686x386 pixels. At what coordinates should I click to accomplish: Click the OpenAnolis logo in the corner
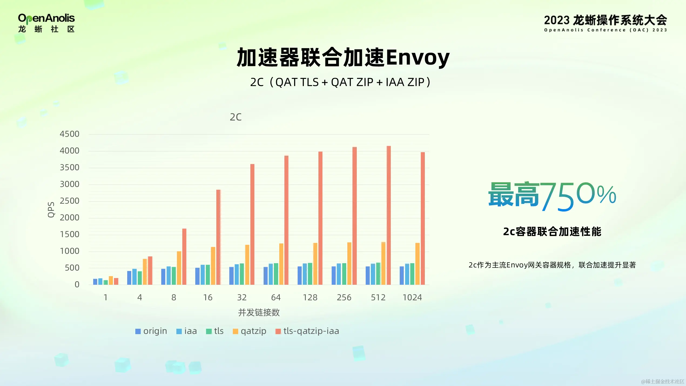[46, 23]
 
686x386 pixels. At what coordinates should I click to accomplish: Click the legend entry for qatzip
[250, 331]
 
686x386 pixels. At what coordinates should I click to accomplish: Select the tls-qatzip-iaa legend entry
[307, 331]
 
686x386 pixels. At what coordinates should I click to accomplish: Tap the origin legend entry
[151, 331]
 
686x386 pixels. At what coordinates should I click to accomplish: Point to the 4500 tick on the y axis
[69, 134]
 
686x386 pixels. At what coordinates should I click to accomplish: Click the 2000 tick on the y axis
[69, 218]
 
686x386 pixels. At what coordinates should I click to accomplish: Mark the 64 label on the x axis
[276, 297]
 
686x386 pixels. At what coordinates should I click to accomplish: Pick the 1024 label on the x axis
[412, 297]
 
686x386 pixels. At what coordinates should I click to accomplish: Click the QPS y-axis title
[51, 210]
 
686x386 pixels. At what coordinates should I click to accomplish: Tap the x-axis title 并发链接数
[259, 313]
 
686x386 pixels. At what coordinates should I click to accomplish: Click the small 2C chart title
[236, 117]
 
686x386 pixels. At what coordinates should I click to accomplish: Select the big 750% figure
[578, 196]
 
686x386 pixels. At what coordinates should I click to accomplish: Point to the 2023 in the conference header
[556, 21]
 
